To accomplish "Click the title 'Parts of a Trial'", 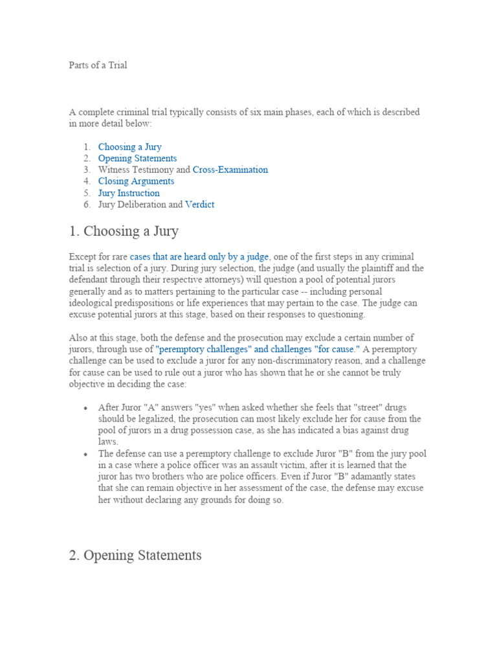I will (98, 65).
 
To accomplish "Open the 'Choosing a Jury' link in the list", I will (129, 147).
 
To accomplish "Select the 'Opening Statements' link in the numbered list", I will (137, 159).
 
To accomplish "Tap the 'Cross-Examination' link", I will (230, 170).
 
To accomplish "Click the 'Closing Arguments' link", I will (136, 181).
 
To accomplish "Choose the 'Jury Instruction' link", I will (129, 193).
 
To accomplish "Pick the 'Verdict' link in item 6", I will (199, 205).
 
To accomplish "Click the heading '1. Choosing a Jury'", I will (124, 231).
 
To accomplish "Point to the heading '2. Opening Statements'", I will (135, 556).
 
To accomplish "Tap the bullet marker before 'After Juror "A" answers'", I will (86, 408).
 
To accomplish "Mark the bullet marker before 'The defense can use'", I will (86, 455).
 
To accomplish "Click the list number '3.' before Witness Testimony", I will (86, 170).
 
